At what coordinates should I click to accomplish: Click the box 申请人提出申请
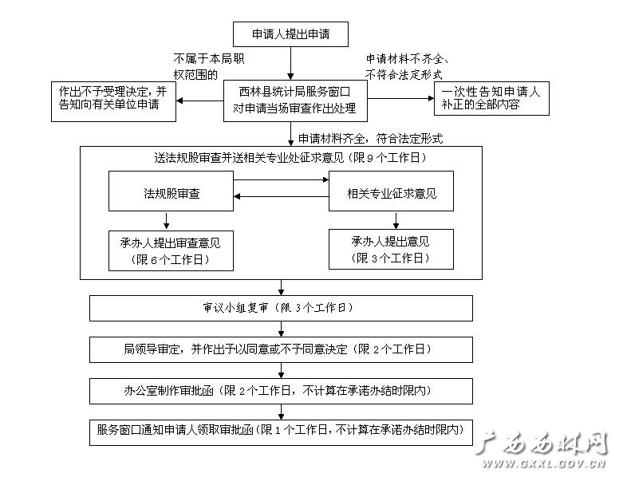pos(290,34)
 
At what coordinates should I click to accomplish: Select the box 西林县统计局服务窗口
pos(295,101)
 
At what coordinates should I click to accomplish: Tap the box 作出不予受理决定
pos(114,101)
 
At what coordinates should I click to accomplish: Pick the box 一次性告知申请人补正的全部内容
pos(491,98)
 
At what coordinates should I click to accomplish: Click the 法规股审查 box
pos(171,191)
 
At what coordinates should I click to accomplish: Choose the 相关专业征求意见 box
pos(391,191)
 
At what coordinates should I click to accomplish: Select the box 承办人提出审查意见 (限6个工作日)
pos(171,250)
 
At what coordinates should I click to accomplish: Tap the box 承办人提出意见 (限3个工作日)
pos(391,249)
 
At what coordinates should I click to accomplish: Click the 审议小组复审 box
pos(281,308)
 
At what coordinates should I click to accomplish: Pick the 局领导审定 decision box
pos(281,349)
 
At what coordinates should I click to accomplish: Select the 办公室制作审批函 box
pos(281,391)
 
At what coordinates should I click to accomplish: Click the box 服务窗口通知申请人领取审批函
pos(281,432)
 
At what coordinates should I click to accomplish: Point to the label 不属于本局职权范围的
pos(209,66)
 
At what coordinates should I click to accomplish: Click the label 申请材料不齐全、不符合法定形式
pos(407,66)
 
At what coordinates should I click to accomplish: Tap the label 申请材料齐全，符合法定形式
pos(370,139)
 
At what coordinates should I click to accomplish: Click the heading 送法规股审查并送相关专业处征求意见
pos(290,158)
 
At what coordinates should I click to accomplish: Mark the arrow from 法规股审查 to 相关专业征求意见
pos(281,180)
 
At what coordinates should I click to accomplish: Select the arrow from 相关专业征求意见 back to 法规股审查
pos(281,196)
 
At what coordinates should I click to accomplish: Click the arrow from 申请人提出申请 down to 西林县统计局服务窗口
pos(290,64)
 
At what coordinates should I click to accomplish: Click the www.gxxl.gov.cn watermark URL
pos(543,463)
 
